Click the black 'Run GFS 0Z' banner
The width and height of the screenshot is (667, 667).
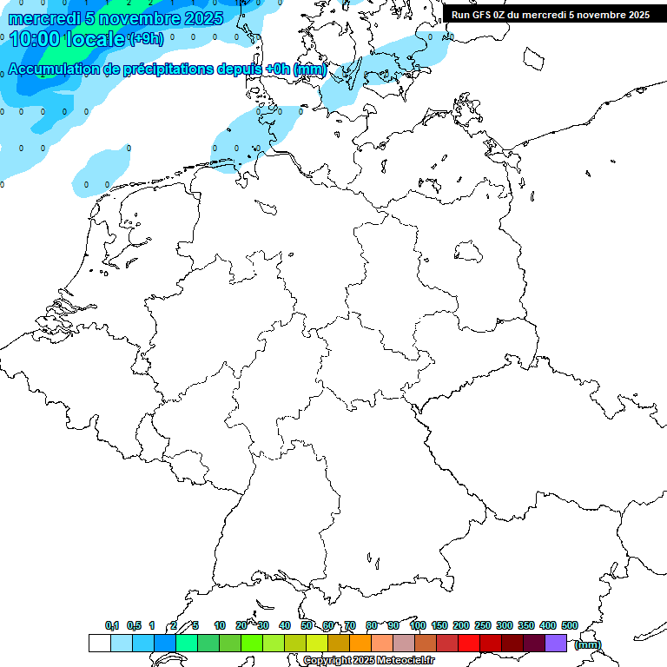click(x=550, y=14)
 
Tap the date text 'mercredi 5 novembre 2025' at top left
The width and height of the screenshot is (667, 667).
click(x=116, y=18)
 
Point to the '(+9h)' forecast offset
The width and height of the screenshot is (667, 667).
click(x=146, y=39)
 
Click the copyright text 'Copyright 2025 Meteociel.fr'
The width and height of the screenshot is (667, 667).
click(x=368, y=661)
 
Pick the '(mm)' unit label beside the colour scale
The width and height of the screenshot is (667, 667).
click(x=587, y=644)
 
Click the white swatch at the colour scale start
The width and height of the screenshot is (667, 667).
click(x=99, y=643)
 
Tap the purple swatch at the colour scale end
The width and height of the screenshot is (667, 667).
click(x=556, y=643)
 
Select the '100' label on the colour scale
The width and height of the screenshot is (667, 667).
click(x=417, y=625)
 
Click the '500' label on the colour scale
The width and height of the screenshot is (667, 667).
click(x=570, y=625)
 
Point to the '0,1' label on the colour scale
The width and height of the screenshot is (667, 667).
click(x=112, y=625)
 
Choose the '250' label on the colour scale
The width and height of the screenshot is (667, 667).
click(x=483, y=625)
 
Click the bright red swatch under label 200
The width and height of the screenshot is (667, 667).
click(x=468, y=643)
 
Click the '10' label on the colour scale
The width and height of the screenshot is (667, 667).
click(x=220, y=625)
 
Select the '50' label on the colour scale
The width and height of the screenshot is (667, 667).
click(x=307, y=625)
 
